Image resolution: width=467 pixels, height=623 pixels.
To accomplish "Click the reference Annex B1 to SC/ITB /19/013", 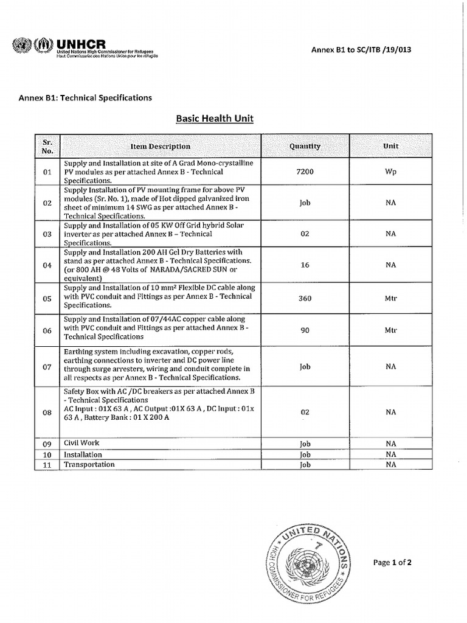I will coord(361,50).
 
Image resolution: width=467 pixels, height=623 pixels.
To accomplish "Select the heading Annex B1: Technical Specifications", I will coord(86,97).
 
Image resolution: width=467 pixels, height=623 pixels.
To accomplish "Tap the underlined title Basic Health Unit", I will coord(215,119).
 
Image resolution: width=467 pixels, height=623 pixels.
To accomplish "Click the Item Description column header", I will coord(160,146).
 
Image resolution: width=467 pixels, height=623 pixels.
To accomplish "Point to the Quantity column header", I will coord(305,146).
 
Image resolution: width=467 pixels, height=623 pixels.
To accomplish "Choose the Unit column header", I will coord(390,146).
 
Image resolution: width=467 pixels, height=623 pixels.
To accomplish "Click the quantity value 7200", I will coord(305,172).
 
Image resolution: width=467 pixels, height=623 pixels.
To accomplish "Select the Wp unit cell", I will coord(390,172).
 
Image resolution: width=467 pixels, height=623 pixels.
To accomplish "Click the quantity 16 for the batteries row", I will coord(305,265).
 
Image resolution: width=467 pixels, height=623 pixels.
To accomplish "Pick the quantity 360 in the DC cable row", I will coord(305,299).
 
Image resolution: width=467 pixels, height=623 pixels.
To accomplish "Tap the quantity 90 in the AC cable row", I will coord(305,330).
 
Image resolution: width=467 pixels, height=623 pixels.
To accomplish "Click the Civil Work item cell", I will coord(81,443).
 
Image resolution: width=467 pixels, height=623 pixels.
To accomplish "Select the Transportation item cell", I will coord(89,464).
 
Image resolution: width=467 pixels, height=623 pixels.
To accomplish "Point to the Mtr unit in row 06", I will coord(390,330).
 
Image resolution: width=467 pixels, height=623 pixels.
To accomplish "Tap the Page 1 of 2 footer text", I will coord(392,563).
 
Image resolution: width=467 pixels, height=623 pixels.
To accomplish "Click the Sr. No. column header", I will coord(48,146).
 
